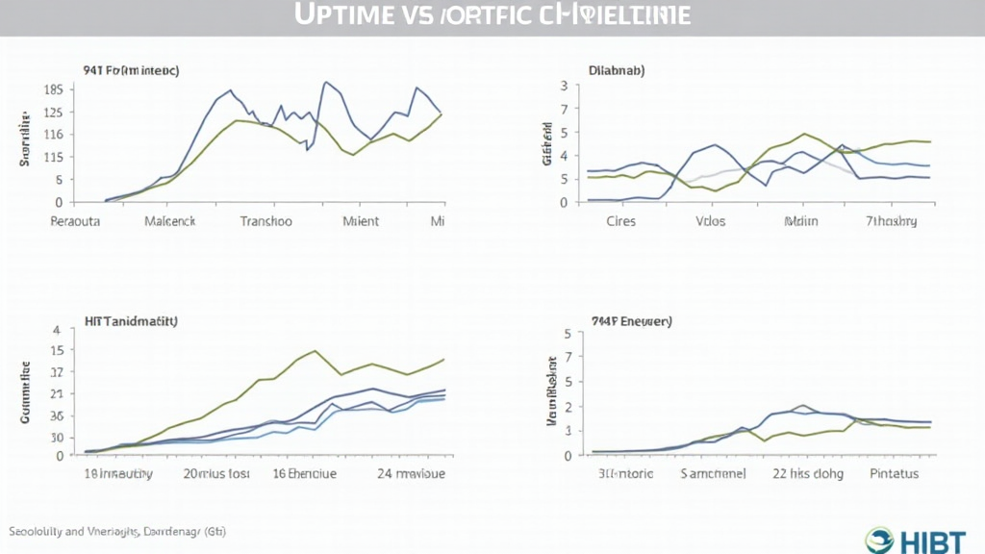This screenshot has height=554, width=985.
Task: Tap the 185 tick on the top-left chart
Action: click(53, 89)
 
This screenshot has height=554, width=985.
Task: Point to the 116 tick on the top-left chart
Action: click(53, 157)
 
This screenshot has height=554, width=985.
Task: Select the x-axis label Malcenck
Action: click(169, 221)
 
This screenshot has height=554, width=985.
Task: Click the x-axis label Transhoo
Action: click(265, 221)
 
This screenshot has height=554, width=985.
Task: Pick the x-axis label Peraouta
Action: click(74, 221)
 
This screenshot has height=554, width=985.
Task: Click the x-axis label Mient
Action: click(361, 221)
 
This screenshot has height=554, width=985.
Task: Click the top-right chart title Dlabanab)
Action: click(617, 70)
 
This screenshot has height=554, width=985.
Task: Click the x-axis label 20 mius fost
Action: click(217, 473)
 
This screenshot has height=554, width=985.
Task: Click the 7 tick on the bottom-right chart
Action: click(568, 357)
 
